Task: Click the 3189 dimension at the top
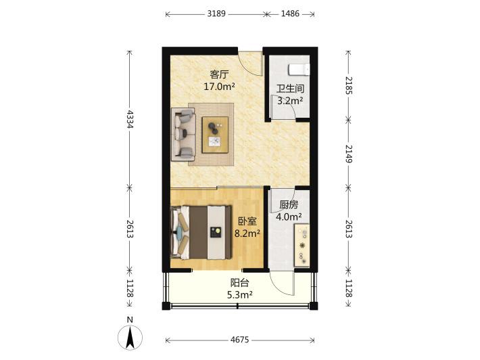point(216,14)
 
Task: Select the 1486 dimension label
point(290,14)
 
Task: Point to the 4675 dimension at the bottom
point(240,340)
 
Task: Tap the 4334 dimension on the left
point(130,119)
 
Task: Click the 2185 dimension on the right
point(349,85)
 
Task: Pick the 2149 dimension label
point(349,154)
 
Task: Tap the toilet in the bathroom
point(299,70)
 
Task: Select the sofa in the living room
point(183,134)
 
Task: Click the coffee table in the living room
point(215,135)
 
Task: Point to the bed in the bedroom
point(201,233)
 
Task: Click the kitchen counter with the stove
point(302,245)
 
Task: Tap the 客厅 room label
point(219,74)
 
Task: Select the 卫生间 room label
point(290,89)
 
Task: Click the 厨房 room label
point(289,204)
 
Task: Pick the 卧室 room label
point(247,221)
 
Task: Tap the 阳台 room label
point(240,282)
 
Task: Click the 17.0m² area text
point(219,87)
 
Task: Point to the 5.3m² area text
point(240,295)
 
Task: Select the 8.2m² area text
point(247,233)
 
